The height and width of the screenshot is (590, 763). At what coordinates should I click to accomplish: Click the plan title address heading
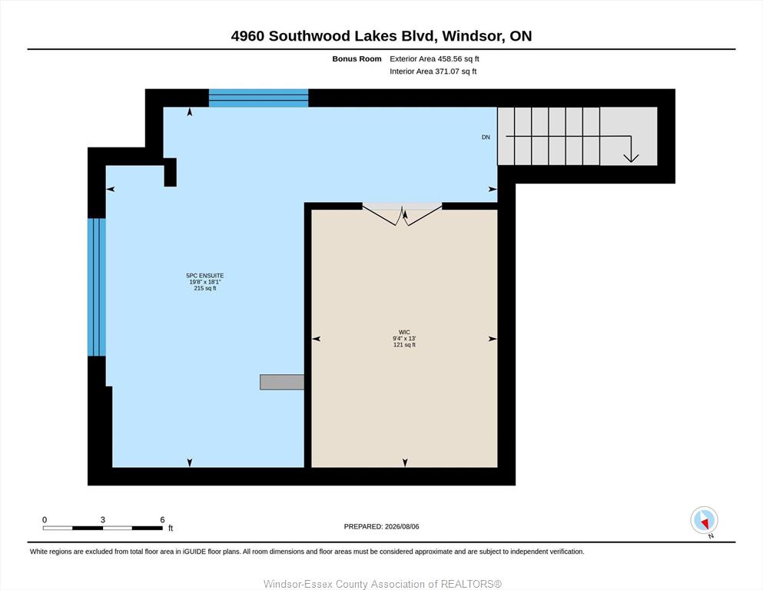point(381,36)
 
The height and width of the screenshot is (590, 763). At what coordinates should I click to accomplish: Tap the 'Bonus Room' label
point(357,59)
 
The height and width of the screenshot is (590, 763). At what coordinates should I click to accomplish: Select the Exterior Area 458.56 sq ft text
point(435,59)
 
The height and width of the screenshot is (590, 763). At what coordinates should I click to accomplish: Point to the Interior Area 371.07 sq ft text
point(433,71)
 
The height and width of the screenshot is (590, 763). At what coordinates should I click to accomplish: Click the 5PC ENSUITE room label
point(205,275)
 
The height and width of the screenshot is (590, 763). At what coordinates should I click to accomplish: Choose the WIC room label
point(404,332)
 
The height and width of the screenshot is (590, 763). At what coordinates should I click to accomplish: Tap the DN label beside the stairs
point(486,138)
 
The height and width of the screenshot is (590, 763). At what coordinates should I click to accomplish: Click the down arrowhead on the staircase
point(631,157)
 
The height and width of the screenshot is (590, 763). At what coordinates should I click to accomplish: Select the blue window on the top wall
point(258,98)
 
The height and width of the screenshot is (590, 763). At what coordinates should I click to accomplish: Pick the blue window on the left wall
point(96,287)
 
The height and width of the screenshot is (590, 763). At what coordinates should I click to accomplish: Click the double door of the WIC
point(402,215)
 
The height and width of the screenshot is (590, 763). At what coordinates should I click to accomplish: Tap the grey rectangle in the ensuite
point(282,382)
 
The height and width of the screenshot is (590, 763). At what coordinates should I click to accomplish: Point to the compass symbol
point(704,520)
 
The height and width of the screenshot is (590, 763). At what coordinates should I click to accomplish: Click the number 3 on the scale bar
point(103,519)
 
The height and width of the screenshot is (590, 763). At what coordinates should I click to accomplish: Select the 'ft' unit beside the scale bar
point(171,528)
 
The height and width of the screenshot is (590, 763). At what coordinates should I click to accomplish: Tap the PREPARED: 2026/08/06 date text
point(381,526)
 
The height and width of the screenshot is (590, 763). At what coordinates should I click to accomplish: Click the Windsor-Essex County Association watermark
point(383,584)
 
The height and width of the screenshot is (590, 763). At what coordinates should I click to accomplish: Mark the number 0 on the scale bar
point(45,519)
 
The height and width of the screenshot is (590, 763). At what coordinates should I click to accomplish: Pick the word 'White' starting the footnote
point(38,552)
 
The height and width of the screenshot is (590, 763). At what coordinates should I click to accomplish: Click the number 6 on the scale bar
point(163,519)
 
